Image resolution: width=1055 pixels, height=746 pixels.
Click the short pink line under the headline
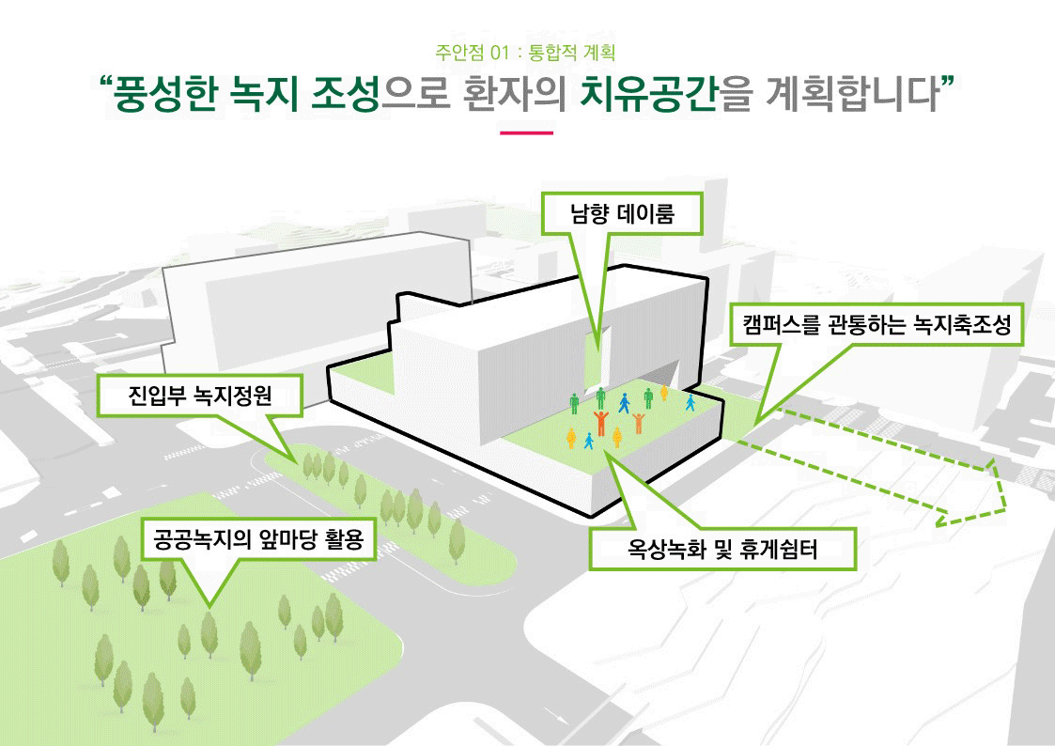(x=526, y=133)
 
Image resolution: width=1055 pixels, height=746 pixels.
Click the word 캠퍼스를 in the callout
(x=783, y=326)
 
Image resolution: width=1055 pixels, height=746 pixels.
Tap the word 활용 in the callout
(x=342, y=542)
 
